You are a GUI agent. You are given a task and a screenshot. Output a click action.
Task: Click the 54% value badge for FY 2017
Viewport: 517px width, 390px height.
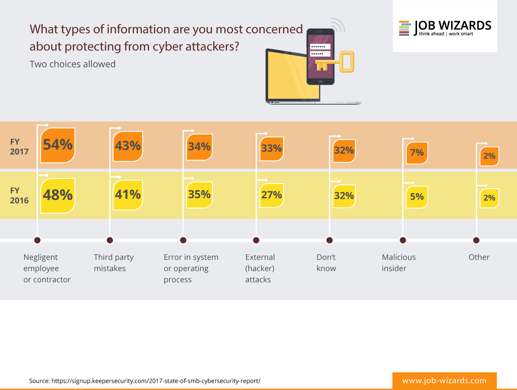pyautogui.click(x=58, y=145)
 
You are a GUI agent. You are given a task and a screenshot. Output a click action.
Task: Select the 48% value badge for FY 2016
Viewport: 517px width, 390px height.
pyautogui.click(x=58, y=195)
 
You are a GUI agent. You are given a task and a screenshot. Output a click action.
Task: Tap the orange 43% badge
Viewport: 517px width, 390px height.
pyautogui.click(x=128, y=146)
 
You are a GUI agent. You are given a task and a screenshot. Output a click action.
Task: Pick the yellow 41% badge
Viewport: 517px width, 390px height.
pyautogui.click(x=128, y=195)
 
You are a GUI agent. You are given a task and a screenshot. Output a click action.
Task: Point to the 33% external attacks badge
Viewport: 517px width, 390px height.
pyautogui.click(x=271, y=149)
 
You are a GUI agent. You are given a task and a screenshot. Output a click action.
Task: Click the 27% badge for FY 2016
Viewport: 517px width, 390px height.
pyautogui.click(x=271, y=195)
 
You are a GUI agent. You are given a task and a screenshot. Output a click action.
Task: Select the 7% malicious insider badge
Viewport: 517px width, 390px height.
pyautogui.click(x=417, y=153)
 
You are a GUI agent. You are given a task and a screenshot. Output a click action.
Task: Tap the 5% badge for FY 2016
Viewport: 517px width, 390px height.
pyautogui.click(x=417, y=197)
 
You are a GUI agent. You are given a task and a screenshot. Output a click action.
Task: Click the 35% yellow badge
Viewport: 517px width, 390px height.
pyautogui.click(x=199, y=194)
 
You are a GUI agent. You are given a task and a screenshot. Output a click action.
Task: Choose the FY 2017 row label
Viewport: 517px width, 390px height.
pyautogui.click(x=20, y=146)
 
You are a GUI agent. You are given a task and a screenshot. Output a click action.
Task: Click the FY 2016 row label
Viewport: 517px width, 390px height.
pyautogui.click(x=20, y=195)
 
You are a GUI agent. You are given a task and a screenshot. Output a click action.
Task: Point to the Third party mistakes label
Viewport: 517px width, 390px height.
pyautogui.click(x=114, y=263)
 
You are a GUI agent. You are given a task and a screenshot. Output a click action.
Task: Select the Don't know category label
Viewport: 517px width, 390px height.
pyautogui.click(x=326, y=263)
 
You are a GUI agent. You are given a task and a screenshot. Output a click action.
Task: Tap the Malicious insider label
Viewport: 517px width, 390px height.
pyautogui.click(x=399, y=263)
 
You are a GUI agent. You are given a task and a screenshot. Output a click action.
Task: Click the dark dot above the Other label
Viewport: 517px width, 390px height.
pyautogui.click(x=476, y=240)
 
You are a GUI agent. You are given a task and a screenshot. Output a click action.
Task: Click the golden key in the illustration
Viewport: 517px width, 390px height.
pyautogui.click(x=336, y=63)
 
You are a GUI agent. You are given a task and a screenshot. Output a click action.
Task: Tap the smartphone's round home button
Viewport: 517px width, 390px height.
pyautogui.click(x=320, y=81)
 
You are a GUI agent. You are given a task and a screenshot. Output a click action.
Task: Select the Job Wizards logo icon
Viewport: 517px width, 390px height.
pyautogui.click(x=404, y=28)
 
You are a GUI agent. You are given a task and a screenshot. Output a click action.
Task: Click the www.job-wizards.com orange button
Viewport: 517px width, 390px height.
pyautogui.click(x=444, y=381)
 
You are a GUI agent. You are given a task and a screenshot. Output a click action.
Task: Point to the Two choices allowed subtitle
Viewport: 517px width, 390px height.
pyautogui.click(x=72, y=64)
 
